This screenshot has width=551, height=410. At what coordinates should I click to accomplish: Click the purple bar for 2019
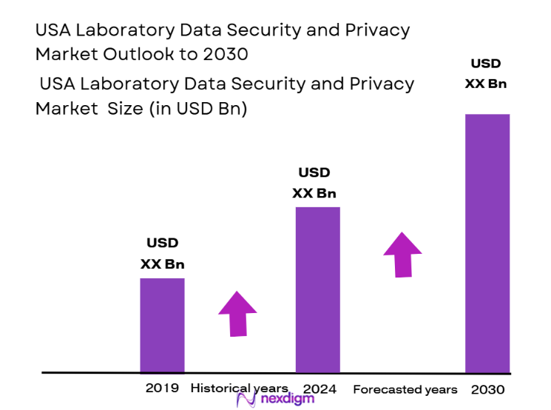point(162,325)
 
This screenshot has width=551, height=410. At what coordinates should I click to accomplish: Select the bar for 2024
point(317,289)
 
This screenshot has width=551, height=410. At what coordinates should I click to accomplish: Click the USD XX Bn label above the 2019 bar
point(162,253)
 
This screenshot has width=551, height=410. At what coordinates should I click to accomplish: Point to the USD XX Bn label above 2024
point(314,183)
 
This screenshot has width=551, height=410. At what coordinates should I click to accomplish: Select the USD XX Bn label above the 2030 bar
point(485,73)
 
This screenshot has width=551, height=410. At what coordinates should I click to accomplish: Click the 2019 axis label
point(162,389)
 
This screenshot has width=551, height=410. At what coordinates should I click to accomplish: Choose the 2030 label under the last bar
point(487,389)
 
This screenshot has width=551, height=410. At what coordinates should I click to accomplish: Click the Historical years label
point(238,389)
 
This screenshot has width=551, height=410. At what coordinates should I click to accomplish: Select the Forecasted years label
point(405,389)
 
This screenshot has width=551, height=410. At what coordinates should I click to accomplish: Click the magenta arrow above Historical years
point(237,313)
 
